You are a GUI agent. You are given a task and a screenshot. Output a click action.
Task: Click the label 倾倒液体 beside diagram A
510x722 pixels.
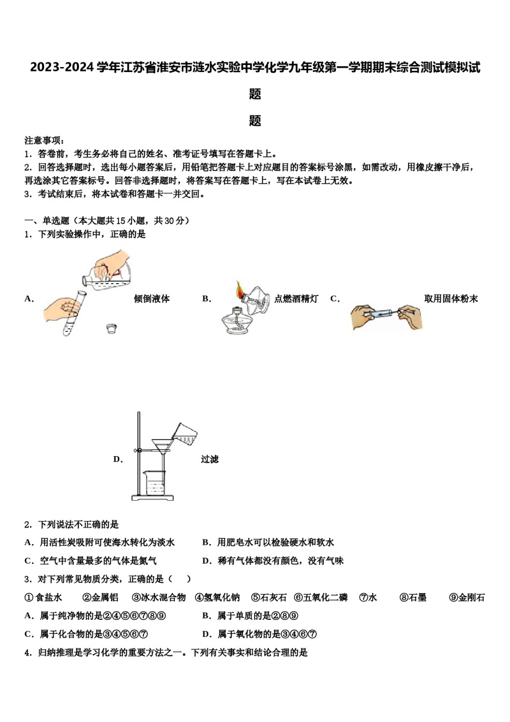(x=151, y=299)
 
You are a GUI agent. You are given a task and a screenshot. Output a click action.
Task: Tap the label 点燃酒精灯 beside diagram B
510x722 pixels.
(x=296, y=299)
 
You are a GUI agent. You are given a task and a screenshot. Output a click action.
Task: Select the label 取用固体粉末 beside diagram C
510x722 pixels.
(x=450, y=299)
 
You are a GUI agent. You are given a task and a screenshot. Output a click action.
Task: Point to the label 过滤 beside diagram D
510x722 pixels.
(x=209, y=459)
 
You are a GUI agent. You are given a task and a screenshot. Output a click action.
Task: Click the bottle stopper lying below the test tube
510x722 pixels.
(x=112, y=328)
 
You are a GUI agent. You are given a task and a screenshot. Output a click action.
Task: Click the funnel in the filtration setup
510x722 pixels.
(x=162, y=446)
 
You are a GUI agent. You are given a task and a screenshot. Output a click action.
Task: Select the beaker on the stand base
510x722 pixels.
(x=155, y=482)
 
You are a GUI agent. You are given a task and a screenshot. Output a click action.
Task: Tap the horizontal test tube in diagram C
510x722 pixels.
(x=382, y=313)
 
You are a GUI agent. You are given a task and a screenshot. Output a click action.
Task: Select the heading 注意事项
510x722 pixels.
(x=45, y=140)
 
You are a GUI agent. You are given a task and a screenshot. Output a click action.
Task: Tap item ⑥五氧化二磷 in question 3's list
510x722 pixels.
(x=320, y=597)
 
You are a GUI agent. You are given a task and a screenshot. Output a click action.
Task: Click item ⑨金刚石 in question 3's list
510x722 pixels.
(x=467, y=597)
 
